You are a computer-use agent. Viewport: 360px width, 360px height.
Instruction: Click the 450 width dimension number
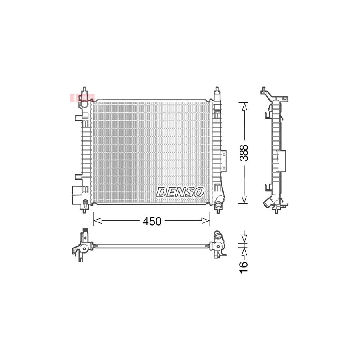153,221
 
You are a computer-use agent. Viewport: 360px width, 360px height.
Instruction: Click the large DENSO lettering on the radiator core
180,192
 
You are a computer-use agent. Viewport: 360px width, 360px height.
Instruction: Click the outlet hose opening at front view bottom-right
218,206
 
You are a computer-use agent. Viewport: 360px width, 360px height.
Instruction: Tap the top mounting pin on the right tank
216,91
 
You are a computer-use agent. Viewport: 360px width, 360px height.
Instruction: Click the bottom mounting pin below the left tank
84,209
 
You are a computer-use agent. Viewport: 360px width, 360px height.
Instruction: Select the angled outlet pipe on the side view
269,202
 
